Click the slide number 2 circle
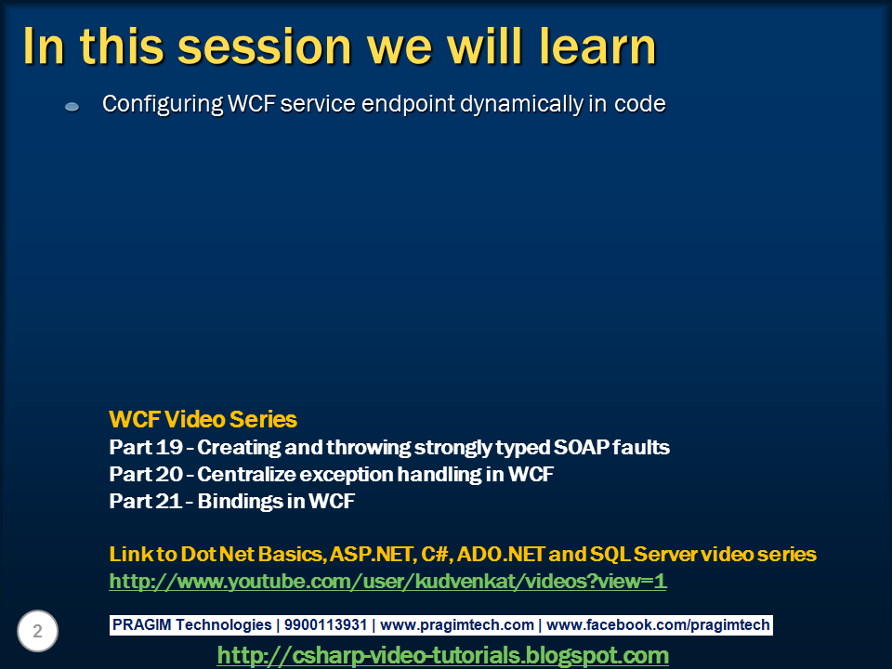click(x=37, y=632)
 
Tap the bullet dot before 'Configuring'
click(x=72, y=108)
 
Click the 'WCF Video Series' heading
click(x=203, y=419)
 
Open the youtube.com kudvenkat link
click(x=387, y=582)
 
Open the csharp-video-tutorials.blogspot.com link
click(x=442, y=655)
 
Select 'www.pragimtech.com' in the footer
click(x=457, y=625)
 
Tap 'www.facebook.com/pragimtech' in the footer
click(x=660, y=625)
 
